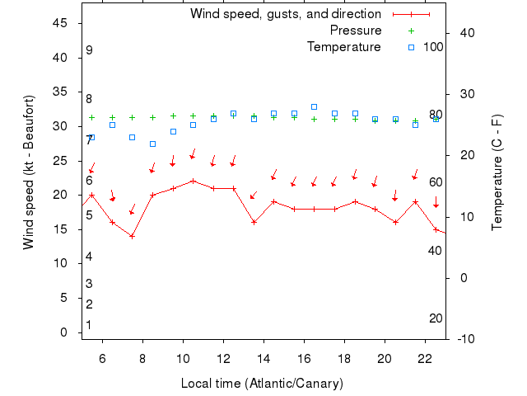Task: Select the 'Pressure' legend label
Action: click(356, 31)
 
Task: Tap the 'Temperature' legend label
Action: click(343, 47)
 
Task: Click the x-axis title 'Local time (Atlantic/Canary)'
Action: click(262, 384)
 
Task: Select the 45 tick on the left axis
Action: click(60, 23)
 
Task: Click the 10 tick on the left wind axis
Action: click(60, 263)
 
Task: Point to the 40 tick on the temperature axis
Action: click(466, 33)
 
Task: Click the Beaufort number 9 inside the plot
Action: click(89, 50)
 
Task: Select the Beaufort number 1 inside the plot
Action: click(89, 325)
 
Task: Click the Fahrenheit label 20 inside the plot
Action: click(436, 318)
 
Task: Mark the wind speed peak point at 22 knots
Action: click(193, 181)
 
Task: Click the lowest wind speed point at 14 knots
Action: click(132, 236)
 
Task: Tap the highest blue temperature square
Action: click(314, 106)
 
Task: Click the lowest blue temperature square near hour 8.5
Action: click(152, 144)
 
